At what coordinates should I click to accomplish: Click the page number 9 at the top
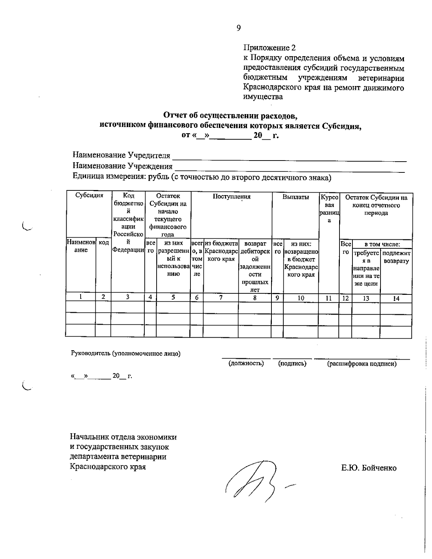pyautogui.click(x=238, y=28)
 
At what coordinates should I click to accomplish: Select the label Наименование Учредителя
pyautogui.click(x=121, y=155)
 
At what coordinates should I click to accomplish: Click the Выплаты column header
pyautogui.click(x=295, y=197)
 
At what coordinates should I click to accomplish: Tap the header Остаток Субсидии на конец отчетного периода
pyautogui.click(x=376, y=205)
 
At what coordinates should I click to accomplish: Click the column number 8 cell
pyautogui.click(x=255, y=298)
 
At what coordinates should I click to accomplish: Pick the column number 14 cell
pyautogui.click(x=396, y=298)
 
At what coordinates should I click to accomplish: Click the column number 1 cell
pyautogui.click(x=81, y=297)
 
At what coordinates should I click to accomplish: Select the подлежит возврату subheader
pyautogui.click(x=396, y=257)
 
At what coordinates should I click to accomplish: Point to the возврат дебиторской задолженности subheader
pyautogui.click(x=255, y=266)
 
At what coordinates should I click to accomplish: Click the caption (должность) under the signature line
pyautogui.click(x=246, y=364)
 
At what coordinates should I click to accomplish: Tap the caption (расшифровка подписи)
pyautogui.click(x=361, y=364)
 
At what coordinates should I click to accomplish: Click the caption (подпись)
pyautogui.click(x=292, y=364)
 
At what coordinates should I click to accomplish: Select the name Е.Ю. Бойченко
pyautogui.click(x=369, y=468)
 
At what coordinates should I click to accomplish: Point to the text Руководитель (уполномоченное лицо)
pyautogui.click(x=126, y=353)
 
